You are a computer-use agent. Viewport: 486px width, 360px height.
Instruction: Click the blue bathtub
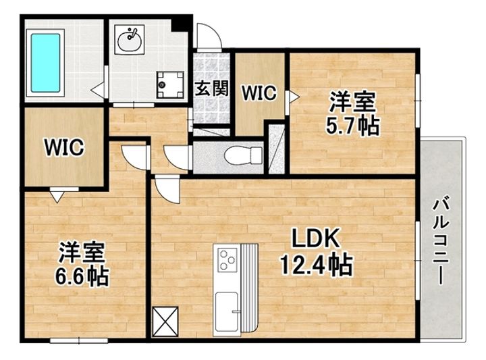click(46, 63)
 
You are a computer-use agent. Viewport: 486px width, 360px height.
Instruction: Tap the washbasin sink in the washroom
click(129, 41)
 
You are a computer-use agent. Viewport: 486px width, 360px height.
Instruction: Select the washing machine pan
click(171, 84)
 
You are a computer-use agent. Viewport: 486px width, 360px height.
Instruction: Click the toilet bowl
click(244, 155)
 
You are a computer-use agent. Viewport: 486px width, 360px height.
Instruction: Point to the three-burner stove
click(228, 259)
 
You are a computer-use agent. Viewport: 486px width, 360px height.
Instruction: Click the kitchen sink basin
click(227, 311)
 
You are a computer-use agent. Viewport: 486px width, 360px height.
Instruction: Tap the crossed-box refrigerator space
click(165, 322)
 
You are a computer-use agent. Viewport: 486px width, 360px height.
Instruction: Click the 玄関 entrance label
click(212, 88)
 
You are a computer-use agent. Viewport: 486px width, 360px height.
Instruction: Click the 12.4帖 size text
click(316, 265)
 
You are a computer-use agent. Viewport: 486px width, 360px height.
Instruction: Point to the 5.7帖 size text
click(352, 125)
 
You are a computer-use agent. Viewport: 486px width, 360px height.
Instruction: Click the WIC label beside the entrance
click(259, 93)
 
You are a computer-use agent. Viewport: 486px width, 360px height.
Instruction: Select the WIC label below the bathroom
click(64, 147)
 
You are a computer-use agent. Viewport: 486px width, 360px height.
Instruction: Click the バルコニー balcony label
click(440, 242)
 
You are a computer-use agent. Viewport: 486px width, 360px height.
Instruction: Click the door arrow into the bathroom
click(97, 90)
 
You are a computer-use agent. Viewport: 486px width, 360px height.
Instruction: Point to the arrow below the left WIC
click(57, 197)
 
